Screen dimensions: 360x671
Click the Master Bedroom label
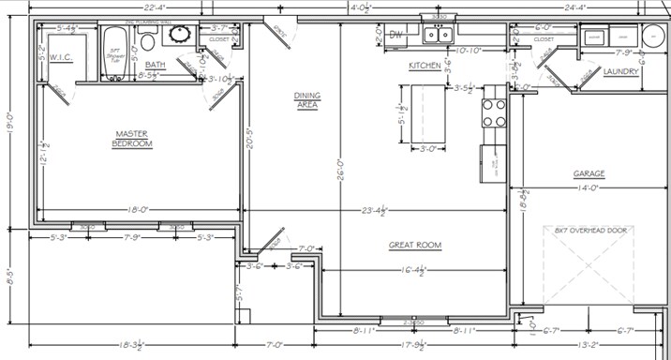point(132,139)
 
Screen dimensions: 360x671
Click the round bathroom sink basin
point(178,36)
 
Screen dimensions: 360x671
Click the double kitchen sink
point(438,36)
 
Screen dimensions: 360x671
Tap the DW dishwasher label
point(395,36)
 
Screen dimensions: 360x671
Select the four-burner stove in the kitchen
point(495,112)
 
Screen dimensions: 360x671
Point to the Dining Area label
point(306,100)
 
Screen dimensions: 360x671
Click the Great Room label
point(414,246)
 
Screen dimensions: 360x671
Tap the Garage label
point(589,173)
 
